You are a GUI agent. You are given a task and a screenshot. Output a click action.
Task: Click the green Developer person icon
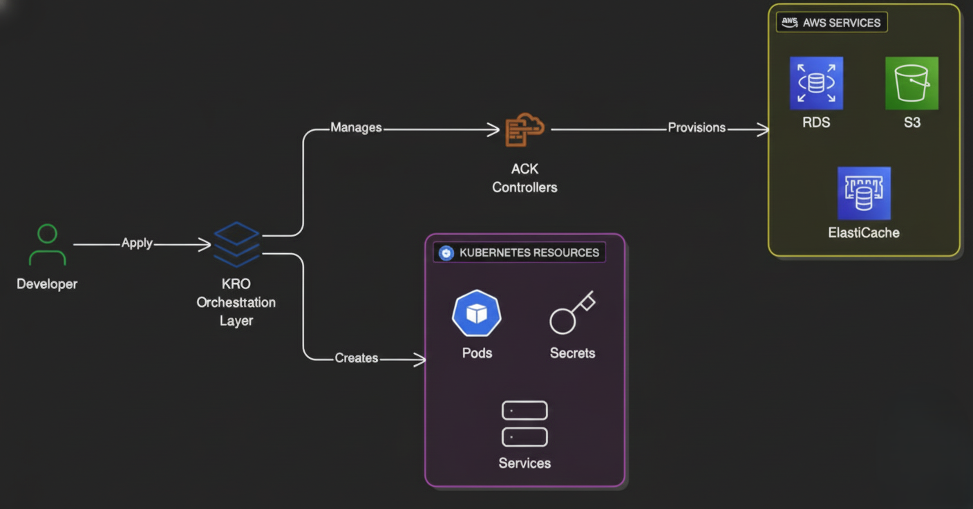click(x=47, y=245)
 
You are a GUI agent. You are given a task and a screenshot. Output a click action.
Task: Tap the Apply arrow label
click(x=137, y=243)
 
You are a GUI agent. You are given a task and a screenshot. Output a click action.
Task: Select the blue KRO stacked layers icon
click(x=236, y=244)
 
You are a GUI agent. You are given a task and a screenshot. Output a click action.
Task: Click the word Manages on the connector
click(x=356, y=128)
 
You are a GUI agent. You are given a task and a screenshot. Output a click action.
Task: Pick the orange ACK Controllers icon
click(x=525, y=130)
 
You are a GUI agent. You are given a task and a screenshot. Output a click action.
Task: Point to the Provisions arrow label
click(x=697, y=128)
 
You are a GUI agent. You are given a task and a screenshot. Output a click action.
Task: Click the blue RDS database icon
click(x=816, y=84)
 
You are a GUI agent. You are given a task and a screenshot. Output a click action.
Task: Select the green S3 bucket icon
click(x=911, y=84)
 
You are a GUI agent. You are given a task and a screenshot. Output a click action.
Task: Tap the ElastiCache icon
click(x=864, y=194)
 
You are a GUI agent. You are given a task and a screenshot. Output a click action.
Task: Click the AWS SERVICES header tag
click(x=831, y=23)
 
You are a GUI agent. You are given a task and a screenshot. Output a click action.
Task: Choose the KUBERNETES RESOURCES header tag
click(x=519, y=252)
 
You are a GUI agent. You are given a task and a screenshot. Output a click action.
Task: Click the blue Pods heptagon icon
click(x=477, y=314)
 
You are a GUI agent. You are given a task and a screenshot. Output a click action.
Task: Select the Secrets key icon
click(x=571, y=313)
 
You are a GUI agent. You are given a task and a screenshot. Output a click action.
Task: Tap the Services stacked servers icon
click(x=525, y=423)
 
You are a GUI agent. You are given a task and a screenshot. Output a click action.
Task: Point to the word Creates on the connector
click(x=356, y=358)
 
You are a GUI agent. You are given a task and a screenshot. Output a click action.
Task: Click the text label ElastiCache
click(x=864, y=233)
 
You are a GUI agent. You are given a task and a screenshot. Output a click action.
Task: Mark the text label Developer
click(x=47, y=284)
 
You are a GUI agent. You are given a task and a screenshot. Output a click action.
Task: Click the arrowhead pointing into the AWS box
click(x=764, y=129)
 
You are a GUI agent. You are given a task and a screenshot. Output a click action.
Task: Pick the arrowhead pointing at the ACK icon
click(x=493, y=129)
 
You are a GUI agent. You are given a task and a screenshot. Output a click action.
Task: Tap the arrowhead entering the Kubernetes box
click(x=420, y=359)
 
